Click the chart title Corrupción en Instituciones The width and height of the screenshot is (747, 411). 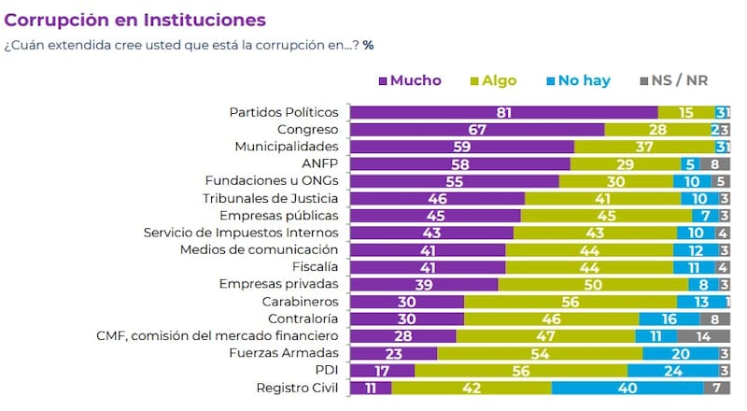(135, 20)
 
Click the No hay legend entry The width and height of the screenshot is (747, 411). (578, 80)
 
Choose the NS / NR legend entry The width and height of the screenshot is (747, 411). (677, 80)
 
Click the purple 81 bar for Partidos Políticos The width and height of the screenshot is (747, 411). (504, 112)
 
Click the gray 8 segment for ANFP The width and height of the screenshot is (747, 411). (715, 164)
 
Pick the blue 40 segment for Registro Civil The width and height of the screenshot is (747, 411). (627, 388)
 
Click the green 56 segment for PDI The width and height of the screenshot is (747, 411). (521, 371)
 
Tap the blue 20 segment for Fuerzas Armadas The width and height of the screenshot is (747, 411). (681, 353)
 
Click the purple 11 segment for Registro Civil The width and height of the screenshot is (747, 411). (371, 388)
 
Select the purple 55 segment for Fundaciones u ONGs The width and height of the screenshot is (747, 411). (454, 181)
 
